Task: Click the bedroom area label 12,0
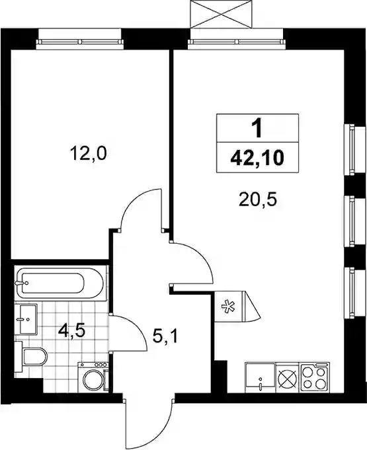pos(88,153)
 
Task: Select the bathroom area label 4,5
pos(71,331)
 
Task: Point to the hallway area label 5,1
pos(165,336)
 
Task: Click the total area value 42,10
pos(257,157)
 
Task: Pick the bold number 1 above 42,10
pos(257,128)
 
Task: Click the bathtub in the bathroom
pos(60,283)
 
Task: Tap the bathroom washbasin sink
pos(26,319)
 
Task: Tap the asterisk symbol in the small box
pos(228,307)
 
